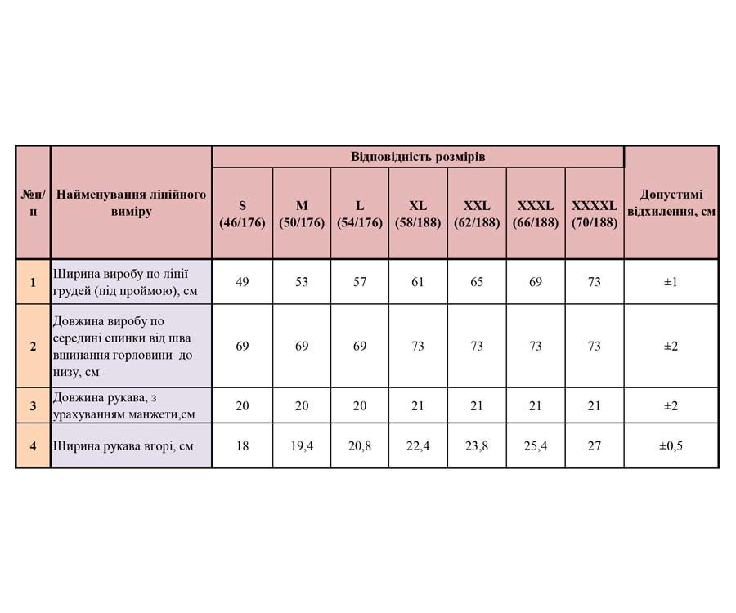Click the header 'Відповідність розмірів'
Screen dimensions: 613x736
pyautogui.click(x=418, y=157)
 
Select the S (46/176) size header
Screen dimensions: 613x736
pyautogui.click(x=242, y=214)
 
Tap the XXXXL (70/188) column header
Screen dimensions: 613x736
pyautogui.click(x=595, y=214)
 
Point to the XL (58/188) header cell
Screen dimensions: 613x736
pyautogui.click(x=418, y=214)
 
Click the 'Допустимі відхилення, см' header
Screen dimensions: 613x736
pyautogui.click(x=671, y=204)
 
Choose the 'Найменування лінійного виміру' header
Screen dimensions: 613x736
pyautogui.click(x=131, y=203)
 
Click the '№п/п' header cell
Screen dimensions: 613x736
pyautogui.click(x=33, y=203)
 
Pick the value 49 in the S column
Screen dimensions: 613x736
pyautogui.click(x=242, y=282)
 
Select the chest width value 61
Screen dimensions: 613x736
pyautogui.click(x=418, y=282)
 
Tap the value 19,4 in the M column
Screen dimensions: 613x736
pyautogui.click(x=302, y=446)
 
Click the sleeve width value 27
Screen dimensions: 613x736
pyautogui.click(x=595, y=446)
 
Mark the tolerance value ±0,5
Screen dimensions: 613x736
pyautogui.click(x=671, y=446)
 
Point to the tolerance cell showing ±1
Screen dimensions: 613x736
pyautogui.click(x=671, y=282)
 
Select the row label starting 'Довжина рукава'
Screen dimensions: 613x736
pyautogui.click(x=123, y=405)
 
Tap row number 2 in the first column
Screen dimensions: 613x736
pyautogui.click(x=33, y=346)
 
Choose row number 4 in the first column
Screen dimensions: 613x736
pyautogui.click(x=33, y=446)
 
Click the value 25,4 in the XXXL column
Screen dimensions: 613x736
pyautogui.click(x=536, y=446)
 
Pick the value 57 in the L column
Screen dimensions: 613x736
pyautogui.click(x=360, y=282)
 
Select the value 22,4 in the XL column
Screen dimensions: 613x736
pyautogui.click(x=418, y=446)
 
